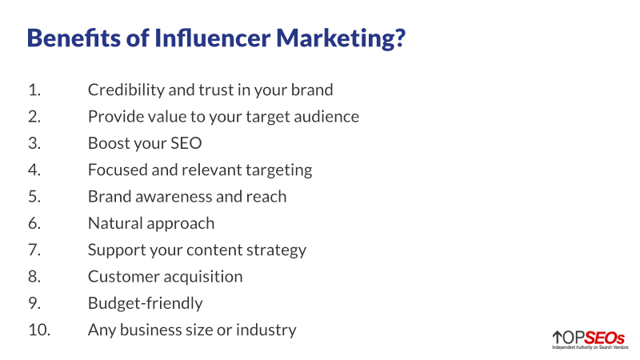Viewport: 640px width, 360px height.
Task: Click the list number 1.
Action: click(x=34, y=90)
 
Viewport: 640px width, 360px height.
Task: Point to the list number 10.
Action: click(x=38, y=330)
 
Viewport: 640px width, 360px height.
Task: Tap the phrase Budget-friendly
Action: click(x=145, y=303)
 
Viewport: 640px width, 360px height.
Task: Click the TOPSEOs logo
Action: click(x=588, y=339)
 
